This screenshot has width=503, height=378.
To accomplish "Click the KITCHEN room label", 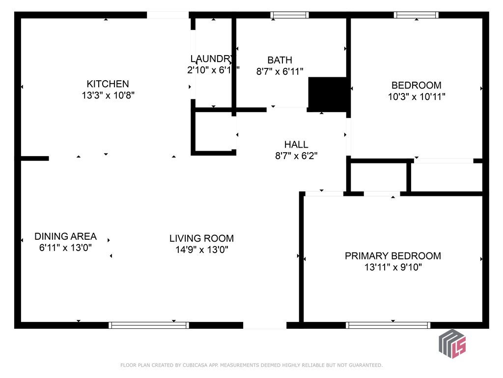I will [x=108, y=84].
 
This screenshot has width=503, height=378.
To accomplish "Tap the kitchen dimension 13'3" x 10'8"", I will [x=108, y=95].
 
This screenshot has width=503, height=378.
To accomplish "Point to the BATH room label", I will [x=279, y=60].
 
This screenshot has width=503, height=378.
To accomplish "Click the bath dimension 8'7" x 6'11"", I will [x=279, y=71].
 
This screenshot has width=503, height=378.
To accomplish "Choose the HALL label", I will [x=296, y=144].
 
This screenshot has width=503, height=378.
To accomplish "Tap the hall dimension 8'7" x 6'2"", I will [x=296, y=156].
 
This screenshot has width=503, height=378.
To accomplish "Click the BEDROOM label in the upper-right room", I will [x=416, y=85].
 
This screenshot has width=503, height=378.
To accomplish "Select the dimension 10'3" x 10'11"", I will [x=416, y=97].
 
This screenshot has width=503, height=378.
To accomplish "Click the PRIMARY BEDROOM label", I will [x=392, y=256].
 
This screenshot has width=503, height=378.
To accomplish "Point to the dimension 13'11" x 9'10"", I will [x=392, y=268].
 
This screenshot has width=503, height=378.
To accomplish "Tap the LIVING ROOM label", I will [x=201, y=239].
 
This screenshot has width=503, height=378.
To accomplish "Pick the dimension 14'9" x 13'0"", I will [x=201, y=250].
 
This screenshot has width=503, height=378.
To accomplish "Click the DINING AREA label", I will [x=65, y=236].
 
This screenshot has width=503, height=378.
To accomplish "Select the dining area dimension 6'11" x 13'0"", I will [x=65, y=248].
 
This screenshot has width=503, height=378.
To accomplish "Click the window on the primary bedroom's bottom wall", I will [x=388, y=325].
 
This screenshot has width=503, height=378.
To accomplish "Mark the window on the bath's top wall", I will [x=290, y=15].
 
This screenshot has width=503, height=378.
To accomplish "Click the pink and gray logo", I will [x=452, y=343].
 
